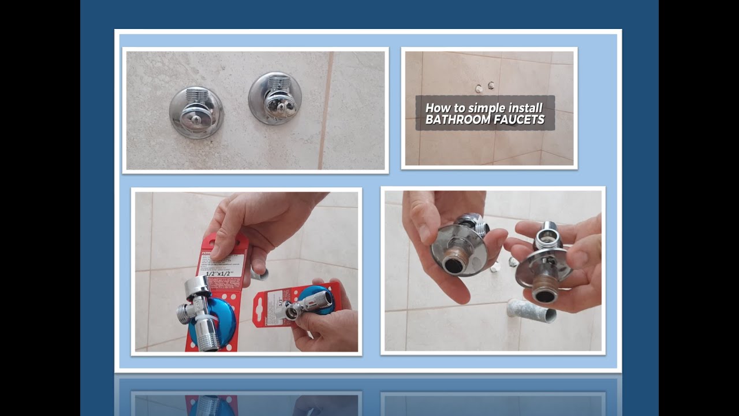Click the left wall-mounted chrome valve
[x=196, y=112]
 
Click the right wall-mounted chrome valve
[x=275, y=99]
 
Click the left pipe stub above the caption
[x=478, y=88]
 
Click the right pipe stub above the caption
[x=491, y=86]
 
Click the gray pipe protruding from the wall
[x=531, y=310]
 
